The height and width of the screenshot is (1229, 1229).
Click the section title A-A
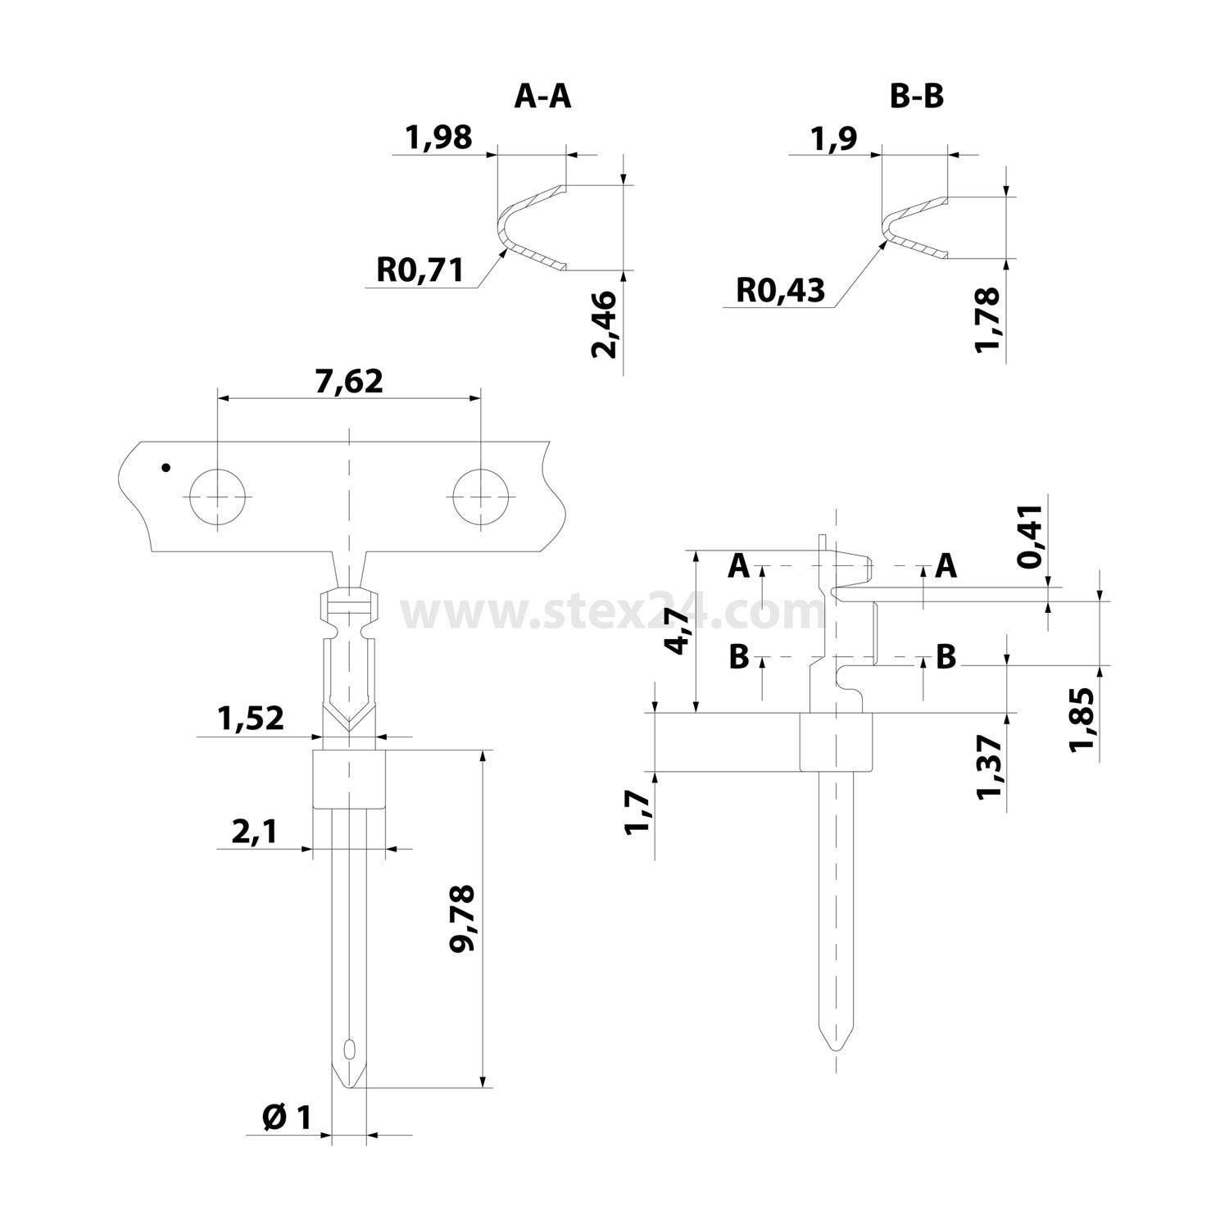click(x=542, y=96)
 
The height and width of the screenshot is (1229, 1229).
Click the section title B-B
click(x=917, y=96)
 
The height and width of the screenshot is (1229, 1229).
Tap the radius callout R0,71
click(x=420, y=269)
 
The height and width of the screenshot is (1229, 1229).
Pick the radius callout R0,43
click(x=781, y=290)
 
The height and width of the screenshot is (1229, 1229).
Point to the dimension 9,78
click(x=464, y=918)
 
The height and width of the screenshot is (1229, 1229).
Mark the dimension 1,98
click(x=439, y=137)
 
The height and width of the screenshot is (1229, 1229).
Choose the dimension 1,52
click(x=251, y=719)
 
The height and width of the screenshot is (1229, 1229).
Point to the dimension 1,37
click(x=991, y=765)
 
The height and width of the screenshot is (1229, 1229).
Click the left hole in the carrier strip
click(x=217, y=497)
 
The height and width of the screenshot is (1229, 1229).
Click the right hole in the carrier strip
click(x=481, y=497)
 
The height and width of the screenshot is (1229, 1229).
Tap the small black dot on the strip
click(x=166, y=469)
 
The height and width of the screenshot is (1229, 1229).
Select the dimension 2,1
click(x=255, y=832)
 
